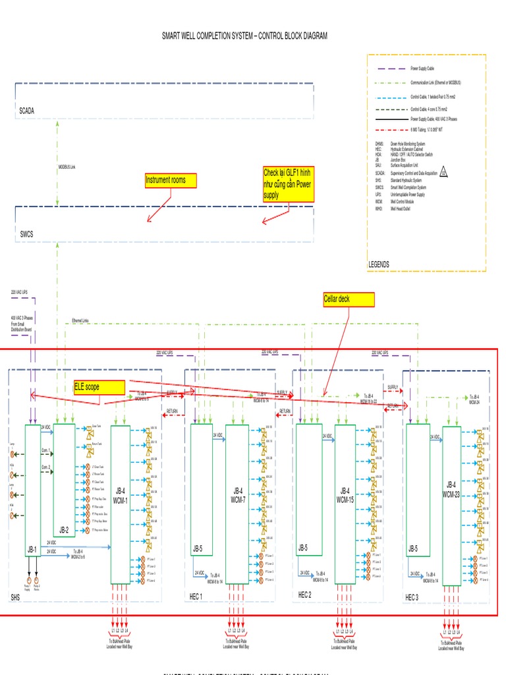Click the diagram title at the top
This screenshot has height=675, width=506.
[x=245, y=36]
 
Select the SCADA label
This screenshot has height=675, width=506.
[x=26, y=111]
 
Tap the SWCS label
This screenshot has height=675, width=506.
[x=26, y=234]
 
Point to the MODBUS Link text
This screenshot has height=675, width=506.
[x=67, y=167]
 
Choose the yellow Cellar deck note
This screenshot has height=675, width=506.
[x=348, y=300]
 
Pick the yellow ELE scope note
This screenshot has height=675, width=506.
[x=99, y=387]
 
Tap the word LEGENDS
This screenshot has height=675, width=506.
[x=379, y=264]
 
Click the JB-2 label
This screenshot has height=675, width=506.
[x=64, y=529]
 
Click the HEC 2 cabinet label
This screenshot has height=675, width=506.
[x=305, y=595]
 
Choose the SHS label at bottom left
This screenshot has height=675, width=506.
[x=16, y=597]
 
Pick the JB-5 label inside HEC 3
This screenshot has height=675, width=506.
[x=413, y=548]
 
